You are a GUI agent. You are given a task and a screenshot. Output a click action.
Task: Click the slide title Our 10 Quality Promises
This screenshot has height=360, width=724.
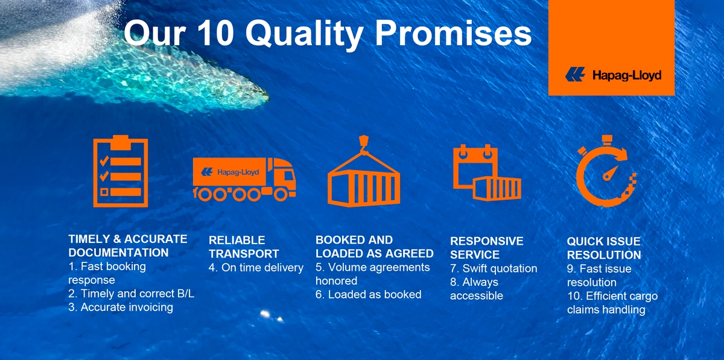pyautogui.click(x=328, y=34)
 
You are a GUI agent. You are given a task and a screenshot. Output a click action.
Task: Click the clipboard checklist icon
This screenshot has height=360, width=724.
pyautogui.click(x=120, y=171)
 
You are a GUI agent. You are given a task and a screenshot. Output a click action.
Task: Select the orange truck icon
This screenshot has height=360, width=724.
pyautogui.click(x=244, y=178)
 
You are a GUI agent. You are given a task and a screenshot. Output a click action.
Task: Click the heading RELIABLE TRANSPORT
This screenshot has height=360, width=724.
pyautogui.click(x=244, y=247)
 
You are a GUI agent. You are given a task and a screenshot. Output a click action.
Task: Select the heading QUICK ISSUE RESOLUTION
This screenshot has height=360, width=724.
pyautogui.click(x=603, y=248)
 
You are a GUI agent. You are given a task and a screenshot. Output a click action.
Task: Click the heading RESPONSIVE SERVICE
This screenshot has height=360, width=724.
pyautogui.click(x=486, y=248)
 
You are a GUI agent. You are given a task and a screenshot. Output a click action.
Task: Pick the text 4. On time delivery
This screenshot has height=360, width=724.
pyautogui.click(x=256, y=268)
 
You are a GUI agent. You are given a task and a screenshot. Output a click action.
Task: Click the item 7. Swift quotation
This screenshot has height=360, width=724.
pyautogui.click(x=493, y=268)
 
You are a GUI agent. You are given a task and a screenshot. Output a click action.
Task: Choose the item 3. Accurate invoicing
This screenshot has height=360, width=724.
pyautogui.click(x=121, y=307)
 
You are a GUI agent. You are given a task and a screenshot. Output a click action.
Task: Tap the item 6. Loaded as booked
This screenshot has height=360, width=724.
pyautogui.click(x=368, y=294)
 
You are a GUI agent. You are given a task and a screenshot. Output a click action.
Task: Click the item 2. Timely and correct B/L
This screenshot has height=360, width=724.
pyautogui.click(x=131, y=294)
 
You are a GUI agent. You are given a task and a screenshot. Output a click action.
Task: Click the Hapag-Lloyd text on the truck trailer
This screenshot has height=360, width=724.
pyautogui.click(x=238, y=172)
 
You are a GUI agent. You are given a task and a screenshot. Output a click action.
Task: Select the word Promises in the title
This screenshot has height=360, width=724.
pyautogui.click(x=453, y=34)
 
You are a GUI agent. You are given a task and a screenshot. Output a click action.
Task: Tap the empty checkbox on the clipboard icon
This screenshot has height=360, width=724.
pyautogui.click(x=104, y=192)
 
